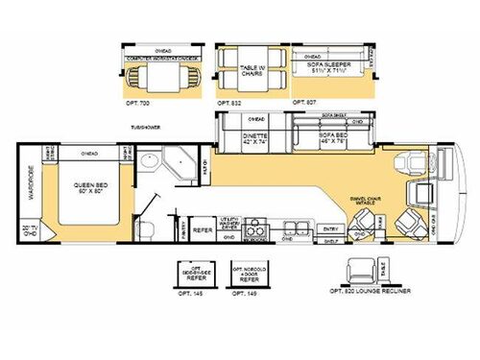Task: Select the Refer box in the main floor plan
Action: (x=202, y=229)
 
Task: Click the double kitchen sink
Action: (x=290, y=229)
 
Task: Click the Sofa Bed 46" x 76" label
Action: (x=333, y=138)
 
